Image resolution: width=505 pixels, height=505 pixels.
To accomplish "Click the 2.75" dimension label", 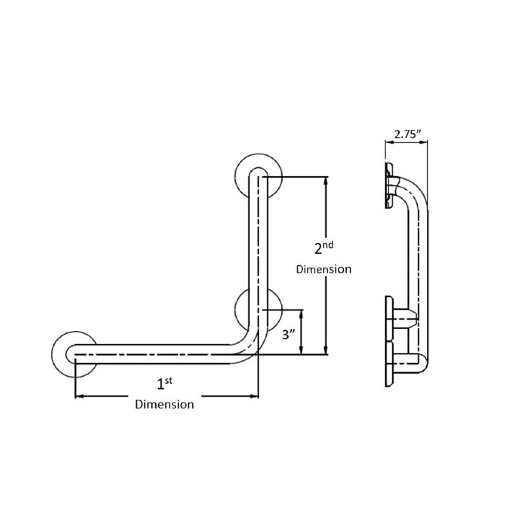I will coord(408,133).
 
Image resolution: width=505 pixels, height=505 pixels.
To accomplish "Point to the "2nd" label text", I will coord(323,248).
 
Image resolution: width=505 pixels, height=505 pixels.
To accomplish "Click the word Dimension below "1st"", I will coord(164,405).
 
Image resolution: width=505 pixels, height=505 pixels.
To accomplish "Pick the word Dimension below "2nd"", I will coord(323,269).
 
